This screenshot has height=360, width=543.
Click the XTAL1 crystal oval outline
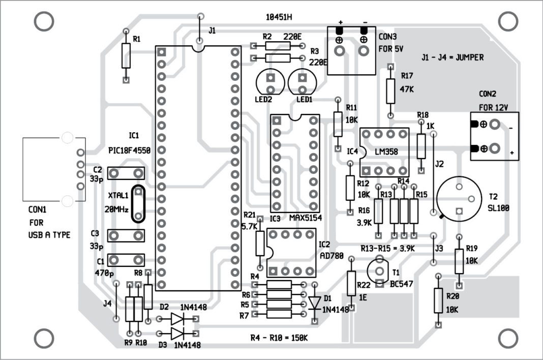pos(138,204)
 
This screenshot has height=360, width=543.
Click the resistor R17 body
pos(390,91)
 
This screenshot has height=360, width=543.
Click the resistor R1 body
pos(126,55)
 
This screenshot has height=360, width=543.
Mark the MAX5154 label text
pos(306,218)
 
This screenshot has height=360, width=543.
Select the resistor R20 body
pos(438,301)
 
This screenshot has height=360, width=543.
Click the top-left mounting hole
pos(44,21)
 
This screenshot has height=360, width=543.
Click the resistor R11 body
pos(338,124)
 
